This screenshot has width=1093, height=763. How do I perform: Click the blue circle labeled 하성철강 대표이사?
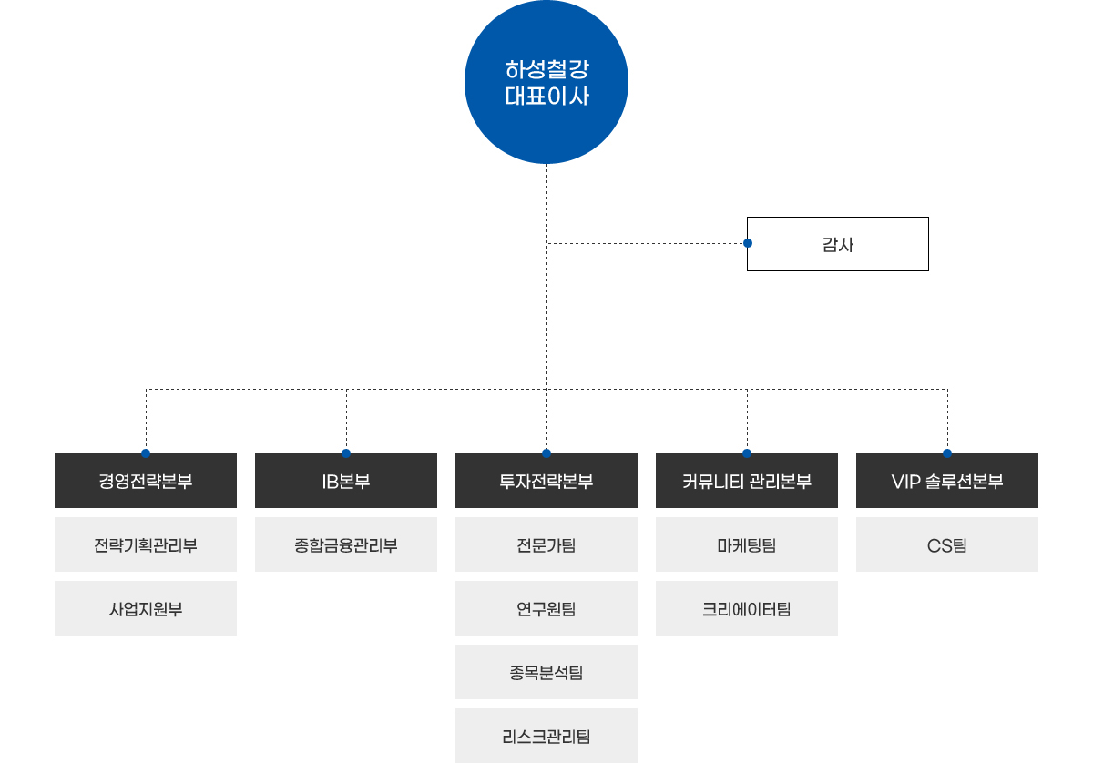tap(546, 82)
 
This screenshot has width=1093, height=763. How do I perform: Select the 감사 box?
tap(838, 244)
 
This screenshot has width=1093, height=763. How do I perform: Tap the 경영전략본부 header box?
tap(146, 482)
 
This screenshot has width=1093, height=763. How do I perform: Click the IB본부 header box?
tap(346, 482)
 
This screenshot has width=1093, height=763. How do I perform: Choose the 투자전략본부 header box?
tap(546, 482)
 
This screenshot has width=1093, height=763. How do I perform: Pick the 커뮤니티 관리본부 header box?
tap(747, 482)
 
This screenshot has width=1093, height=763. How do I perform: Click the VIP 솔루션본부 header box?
tap(947, 482)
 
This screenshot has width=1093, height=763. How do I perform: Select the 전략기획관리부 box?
tap(146, 544)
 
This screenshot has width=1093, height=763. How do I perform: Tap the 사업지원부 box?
tap(146, 608)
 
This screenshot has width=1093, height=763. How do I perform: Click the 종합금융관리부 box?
tap(346, 544)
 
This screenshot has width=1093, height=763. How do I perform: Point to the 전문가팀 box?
tap(546, 544)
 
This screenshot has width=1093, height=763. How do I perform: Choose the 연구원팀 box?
tap(546, 608)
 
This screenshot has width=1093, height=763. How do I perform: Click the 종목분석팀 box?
tap(546, 672)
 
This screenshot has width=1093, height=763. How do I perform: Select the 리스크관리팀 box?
tap(546, 735)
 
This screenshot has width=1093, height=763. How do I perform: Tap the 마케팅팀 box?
tap(747, 544)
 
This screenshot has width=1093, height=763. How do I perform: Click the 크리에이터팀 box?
tap(747, 608)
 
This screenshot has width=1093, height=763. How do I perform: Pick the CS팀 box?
tap(947, 544)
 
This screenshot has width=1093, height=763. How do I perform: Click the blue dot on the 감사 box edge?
tap(748, 243)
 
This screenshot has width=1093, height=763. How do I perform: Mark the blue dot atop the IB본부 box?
tap(346, 453)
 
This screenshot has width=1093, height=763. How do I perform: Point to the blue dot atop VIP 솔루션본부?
tap(947, 453)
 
